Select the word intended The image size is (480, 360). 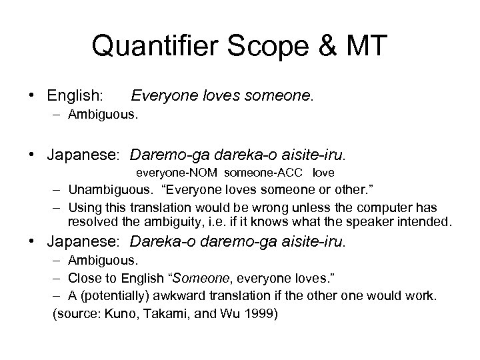point(426,221)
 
